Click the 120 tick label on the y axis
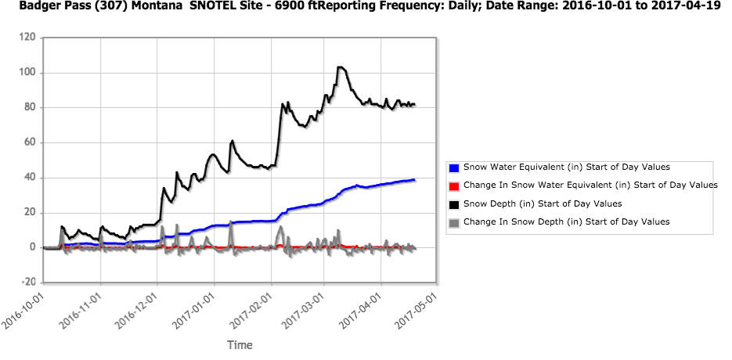point(27,38)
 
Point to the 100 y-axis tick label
point(27,73)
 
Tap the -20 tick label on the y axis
point(27,283)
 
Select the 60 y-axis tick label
point(30,142)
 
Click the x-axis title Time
point(240,344)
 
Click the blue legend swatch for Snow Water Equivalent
point(454,167)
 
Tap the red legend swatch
point(454,185)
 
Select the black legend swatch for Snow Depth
point(454,204)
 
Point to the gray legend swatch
point(454,222)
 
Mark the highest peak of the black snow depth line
point(340,67)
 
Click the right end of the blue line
point(414,180)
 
